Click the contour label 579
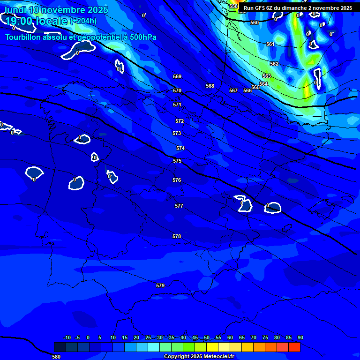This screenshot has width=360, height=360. point(160,285)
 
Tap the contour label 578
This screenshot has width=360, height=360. point(177,237)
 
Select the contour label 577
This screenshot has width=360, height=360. point(179,206)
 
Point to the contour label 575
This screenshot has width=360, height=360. point(177,161)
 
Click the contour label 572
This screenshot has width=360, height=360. point(180,121)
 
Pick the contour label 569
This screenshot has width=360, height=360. point(177,76)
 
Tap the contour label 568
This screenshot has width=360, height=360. point(210,86)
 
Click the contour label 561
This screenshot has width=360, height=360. point(270,44)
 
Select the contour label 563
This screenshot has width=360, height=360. point(267,76)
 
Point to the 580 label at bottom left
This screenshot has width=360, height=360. point(56,357)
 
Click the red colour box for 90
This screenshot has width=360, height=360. point(294,347)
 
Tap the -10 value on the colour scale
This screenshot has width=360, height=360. point(67,337)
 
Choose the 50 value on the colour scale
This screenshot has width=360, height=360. point(207,337)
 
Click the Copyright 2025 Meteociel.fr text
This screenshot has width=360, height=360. point(199,357)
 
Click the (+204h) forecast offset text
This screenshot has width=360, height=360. point(83,21)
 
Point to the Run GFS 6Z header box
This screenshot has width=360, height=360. point(298,8)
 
